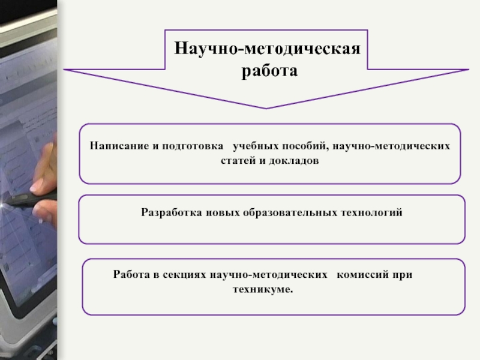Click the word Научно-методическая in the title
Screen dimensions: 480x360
267,49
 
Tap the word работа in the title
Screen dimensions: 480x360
269,71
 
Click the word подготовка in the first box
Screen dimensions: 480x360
193,146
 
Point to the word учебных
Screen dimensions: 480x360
256,146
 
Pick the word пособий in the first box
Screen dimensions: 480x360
305,146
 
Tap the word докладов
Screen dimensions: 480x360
294,161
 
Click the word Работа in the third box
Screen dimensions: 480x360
131,274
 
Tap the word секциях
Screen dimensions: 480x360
185,275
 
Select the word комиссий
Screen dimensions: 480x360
363,274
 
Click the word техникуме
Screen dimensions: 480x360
263,289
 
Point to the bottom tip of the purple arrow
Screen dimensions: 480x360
266,109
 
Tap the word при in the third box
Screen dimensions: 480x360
403,275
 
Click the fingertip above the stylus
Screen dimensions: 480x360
37,185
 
